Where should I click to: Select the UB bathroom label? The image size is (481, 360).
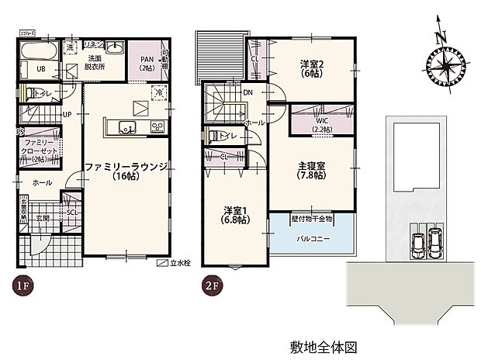31,69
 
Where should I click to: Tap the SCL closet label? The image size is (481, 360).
71,212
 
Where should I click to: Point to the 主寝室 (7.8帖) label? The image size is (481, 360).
310,170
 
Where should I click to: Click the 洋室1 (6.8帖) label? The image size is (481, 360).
234,215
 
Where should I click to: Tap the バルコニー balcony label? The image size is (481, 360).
311,238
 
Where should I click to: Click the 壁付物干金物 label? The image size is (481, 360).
311,218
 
